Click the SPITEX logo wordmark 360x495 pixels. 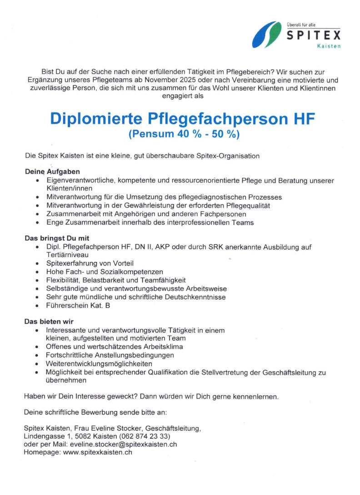coord(313,35)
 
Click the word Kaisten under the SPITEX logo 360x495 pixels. coord(330,47)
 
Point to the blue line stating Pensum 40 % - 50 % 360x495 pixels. coord(184,134)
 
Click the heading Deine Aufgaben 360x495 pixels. coord(52,172)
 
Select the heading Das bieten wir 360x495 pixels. coord(49,321)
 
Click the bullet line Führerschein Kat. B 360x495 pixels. coord(78,305)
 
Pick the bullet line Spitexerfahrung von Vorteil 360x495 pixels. coord(90,263)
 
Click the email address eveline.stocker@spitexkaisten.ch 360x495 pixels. coord(122,444)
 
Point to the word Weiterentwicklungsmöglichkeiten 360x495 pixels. coord(99,363)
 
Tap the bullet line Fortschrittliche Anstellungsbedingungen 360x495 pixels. coord(110,355)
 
